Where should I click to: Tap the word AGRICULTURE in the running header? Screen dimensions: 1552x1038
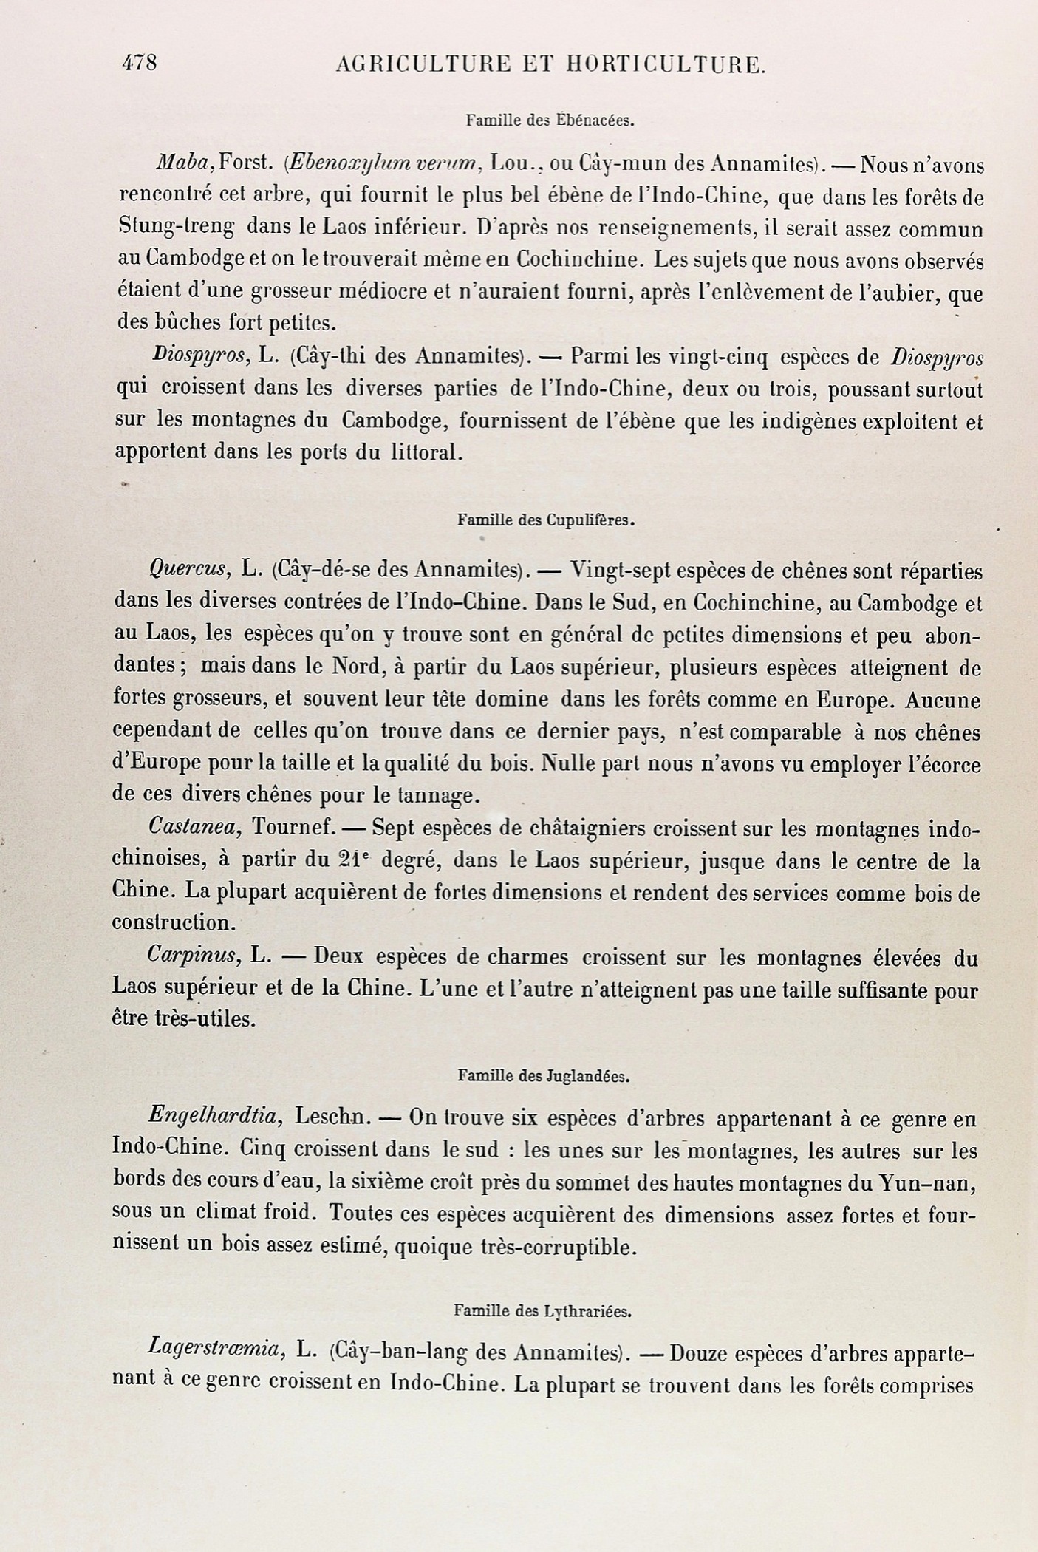click(x=423, y=65)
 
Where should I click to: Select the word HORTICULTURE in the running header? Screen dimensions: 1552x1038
click(x=666, y=65)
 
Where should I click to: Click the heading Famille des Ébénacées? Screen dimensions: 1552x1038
click(x=550, y=120)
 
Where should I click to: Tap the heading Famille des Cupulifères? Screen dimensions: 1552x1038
click(x=547, y=520)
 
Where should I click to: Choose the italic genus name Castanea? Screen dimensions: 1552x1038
click(x=195, y=827)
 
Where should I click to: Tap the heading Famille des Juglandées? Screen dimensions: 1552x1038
click(x=544, y=1076)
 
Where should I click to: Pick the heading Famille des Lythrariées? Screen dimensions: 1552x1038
click(x=542, y=1311)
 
